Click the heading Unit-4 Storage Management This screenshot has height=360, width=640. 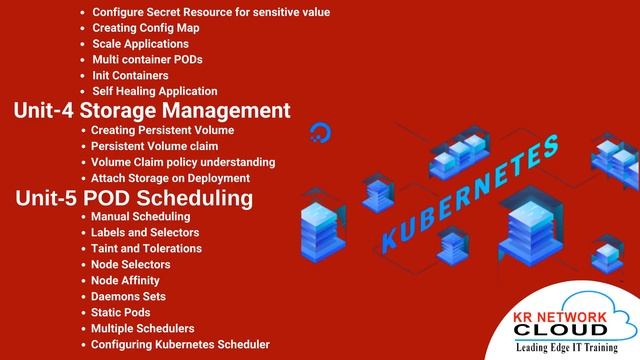[152, 110]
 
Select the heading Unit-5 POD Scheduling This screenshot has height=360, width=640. [134, 198]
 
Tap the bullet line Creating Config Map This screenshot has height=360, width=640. [145, 28]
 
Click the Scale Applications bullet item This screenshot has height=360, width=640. [140, 44]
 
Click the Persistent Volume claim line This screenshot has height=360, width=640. [154, 146]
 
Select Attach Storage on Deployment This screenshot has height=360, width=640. [170, 178]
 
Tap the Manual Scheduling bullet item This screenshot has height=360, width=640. [140, 216]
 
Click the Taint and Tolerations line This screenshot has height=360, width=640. [146, 248]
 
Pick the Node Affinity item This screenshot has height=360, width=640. [125, 280]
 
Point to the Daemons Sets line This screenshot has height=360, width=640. [127, 296]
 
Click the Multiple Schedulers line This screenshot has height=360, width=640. [142, 328]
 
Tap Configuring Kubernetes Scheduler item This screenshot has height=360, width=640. [180, 344]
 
